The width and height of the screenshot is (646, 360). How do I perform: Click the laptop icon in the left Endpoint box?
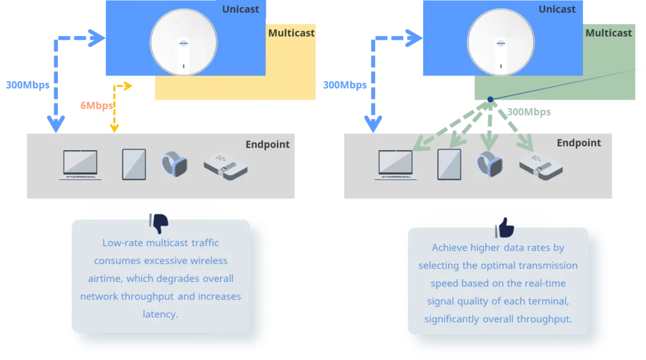80,165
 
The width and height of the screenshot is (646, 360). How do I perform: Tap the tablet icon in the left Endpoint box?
134,164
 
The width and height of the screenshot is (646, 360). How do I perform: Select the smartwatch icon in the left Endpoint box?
175,165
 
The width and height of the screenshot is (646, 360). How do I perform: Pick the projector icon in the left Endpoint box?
225,165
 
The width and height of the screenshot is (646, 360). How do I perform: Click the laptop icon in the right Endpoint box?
396,165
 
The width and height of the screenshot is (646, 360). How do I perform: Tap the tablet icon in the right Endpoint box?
449,164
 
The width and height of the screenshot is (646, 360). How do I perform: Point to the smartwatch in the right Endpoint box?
490,165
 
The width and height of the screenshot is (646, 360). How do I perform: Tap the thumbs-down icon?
159,223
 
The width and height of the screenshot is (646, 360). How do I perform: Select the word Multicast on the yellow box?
291,33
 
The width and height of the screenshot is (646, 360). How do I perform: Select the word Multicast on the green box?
608,33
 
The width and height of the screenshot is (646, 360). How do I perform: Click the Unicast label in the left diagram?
240,9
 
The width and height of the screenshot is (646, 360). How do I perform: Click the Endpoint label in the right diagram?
578,143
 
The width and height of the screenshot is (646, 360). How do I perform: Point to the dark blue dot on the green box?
490,99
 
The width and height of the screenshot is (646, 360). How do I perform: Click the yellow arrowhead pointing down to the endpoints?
114,129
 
